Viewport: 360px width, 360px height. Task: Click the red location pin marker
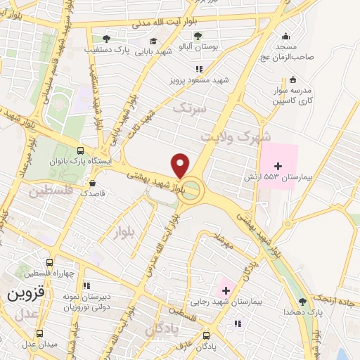coord(181,165)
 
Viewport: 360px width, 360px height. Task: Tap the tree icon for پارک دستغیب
coord(106,39)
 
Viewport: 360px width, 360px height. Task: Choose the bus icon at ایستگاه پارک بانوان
coord(80,150)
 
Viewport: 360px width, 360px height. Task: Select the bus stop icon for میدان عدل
coord(39,334)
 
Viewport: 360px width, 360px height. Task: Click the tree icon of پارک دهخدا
coord(303,302)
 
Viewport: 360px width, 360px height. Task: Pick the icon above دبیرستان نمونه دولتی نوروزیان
coord(86,285)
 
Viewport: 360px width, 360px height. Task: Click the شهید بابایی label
coord(153,51)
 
